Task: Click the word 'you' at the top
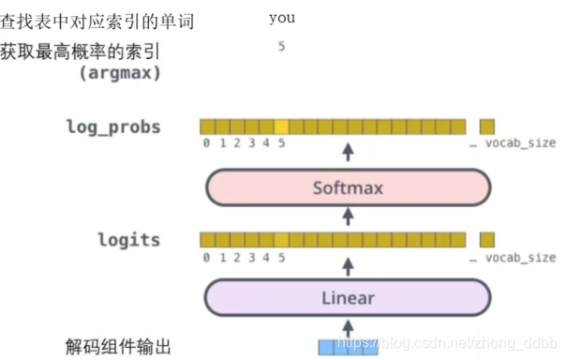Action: click(281, 18)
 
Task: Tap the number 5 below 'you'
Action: click(281, 46)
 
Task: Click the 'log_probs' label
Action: click(113, 127)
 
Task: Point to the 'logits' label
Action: click(128, 239)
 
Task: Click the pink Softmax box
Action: click(348, 187)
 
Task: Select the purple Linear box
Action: click(348, 298)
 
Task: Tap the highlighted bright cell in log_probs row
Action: click(282, 127)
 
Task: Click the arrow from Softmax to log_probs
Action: click(348, 153)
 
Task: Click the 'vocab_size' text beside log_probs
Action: click(520, 143)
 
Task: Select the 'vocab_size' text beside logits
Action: click(520, 257)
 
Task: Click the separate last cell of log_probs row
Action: click(486, 127)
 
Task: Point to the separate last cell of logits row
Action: click(486, 239)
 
